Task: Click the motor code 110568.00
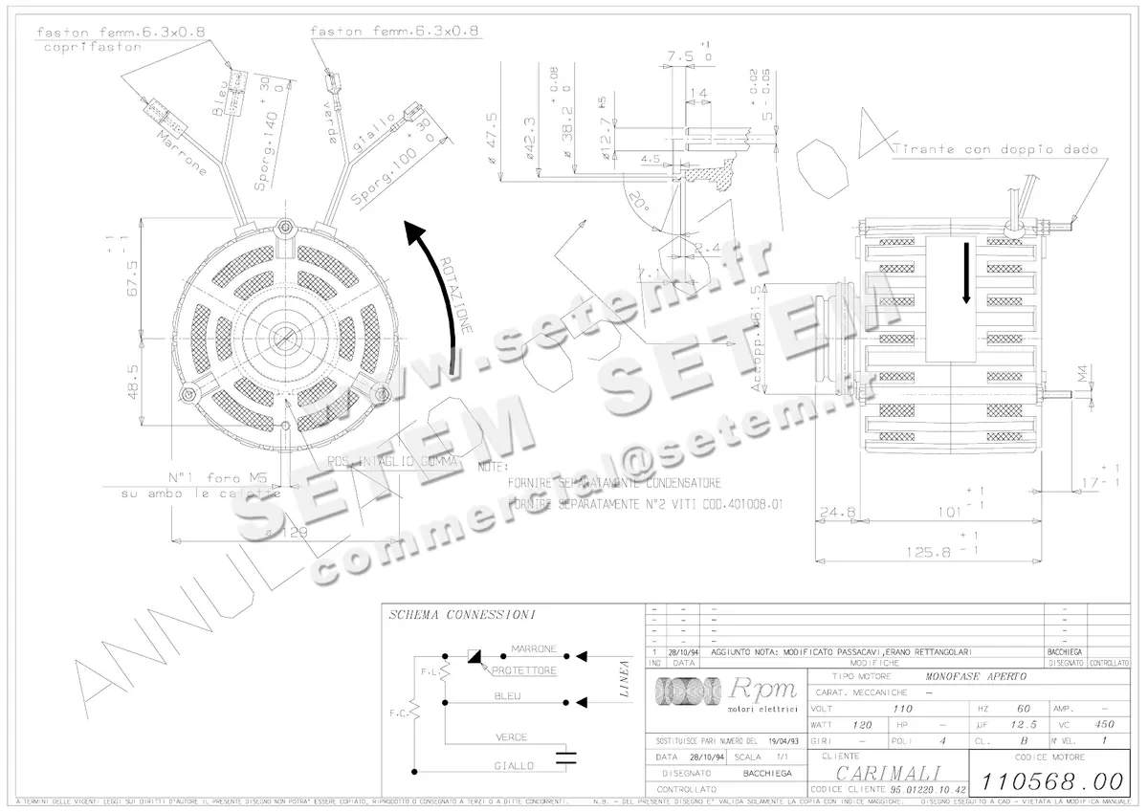(1048, 781)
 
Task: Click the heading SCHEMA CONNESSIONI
(461, 614)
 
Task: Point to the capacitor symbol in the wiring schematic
(567, 757)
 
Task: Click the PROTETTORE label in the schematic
(523, 671)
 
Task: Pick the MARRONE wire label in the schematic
(534, 648)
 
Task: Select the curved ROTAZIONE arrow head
(413, 232)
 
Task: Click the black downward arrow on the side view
(966, 273)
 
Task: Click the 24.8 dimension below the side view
(837, 514)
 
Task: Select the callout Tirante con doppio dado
(995, 149)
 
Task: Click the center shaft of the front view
(285, 337)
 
